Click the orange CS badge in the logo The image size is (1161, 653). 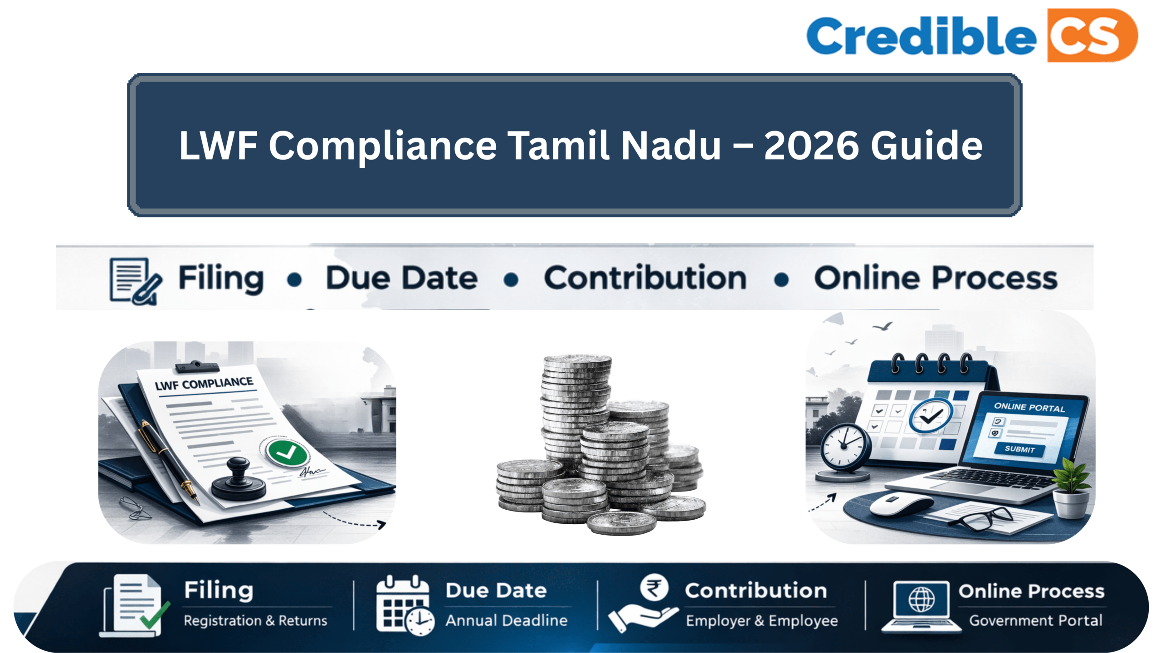click(1092, 35)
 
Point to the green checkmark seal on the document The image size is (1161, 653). click(287, 452)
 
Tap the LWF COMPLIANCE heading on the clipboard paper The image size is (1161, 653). click(204, 384)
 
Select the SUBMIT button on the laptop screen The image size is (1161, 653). click(1020, 449)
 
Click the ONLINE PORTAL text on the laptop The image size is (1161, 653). click(1029, 407)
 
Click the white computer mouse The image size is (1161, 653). click(900, 504)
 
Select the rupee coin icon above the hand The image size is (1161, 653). click(654, 587)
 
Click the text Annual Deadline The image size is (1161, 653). click(506, 620)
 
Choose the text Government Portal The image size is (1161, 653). click(1036, 620)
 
